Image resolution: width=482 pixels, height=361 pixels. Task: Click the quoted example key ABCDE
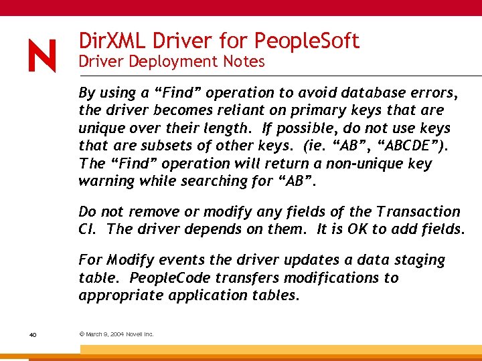click(401, 146)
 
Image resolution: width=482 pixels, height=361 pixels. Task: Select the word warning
click(106, 181)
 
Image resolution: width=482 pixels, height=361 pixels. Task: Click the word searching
click(206, 181)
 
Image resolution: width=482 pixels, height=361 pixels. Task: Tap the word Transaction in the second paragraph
click(418, 212)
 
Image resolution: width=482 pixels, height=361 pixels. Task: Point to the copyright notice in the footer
click(116, 334)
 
